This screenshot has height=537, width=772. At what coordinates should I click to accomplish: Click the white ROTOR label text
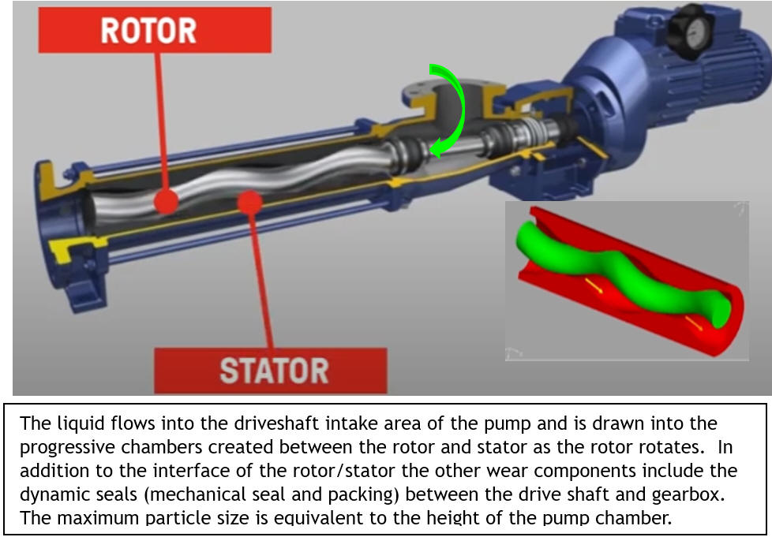tap(148, 31)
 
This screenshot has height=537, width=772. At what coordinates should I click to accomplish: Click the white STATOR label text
tap(273, 371)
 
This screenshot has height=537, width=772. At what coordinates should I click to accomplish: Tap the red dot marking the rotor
tap(165, 202)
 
